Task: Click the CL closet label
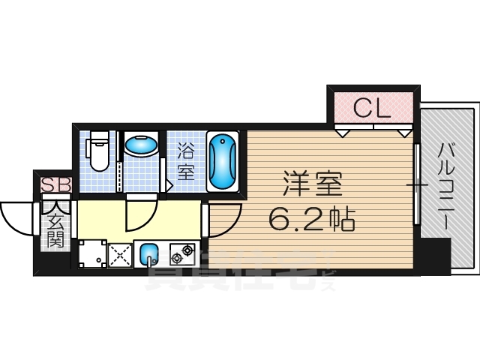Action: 371,109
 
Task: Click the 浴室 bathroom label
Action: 186,161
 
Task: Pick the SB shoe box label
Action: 55,184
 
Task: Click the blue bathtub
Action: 222,161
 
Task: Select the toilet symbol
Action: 98,152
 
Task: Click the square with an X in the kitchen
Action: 121,254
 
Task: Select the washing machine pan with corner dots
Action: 92,253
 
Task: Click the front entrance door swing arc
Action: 19,217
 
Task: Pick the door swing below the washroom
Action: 141,214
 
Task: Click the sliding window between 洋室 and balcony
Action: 415,184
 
